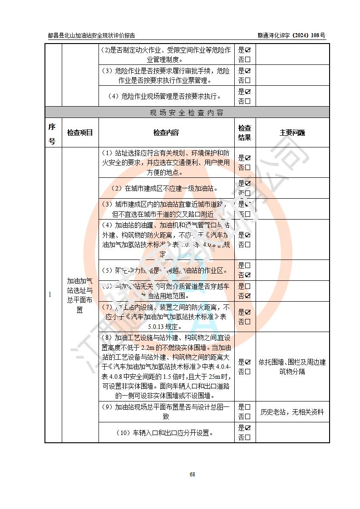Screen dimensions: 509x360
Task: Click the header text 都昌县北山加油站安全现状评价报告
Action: tap(91, 35)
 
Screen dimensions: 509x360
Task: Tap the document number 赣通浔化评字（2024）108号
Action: tap(291, 35)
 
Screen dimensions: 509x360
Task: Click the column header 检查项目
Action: tap(80, 133)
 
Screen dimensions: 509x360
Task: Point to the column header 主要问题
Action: tap(292, 133)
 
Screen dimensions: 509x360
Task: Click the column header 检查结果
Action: tap(245, 133)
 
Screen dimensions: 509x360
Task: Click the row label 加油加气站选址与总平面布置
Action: tap(80, 295)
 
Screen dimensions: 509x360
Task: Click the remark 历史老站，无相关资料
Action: tap(292, 412)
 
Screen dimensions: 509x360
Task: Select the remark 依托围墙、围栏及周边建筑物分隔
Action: tap(292, 367)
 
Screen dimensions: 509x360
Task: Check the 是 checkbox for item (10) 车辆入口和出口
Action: tap(248, 428)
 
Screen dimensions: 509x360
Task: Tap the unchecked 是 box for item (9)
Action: tap(248, 407)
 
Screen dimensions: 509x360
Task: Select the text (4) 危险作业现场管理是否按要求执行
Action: tap(165, 96)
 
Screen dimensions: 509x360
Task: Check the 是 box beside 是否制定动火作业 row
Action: tap(248, 49)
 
